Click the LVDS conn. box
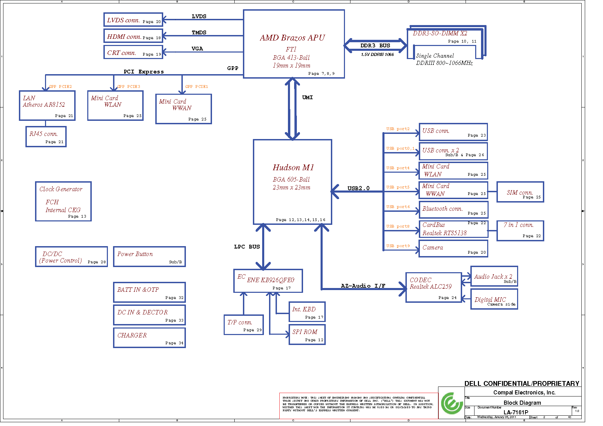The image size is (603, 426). click(x=133, y=20)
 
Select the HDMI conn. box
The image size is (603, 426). click(x=133, y=36)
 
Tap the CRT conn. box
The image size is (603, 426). click(x=133, y=52)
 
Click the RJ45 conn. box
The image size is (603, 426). click(x=46, y=137)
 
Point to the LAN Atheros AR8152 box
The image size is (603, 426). click(x=47, y=105)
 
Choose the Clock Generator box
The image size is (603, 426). click(x=63, y=201)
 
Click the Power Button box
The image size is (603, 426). click(x=149, y=256)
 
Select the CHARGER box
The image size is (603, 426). click(x=149, y=338)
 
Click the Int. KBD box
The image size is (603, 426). click(x=307, y=312)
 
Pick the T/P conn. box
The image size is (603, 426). click(x=244, y=325)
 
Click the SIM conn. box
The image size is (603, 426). click(x=520, y=192)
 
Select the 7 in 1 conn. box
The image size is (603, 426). click(x=520, y=231)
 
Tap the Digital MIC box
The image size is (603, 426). click(x=494, y=299)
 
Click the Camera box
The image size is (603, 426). click(x=453, y=249)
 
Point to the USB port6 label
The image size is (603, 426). click(x=398, y=207)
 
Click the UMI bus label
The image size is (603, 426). click(x=308, y=97)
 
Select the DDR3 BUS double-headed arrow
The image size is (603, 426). click(x=375, y=46)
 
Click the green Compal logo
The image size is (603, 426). click(x=451, y=403)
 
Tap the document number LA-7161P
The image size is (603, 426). click(x=516, y=412)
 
